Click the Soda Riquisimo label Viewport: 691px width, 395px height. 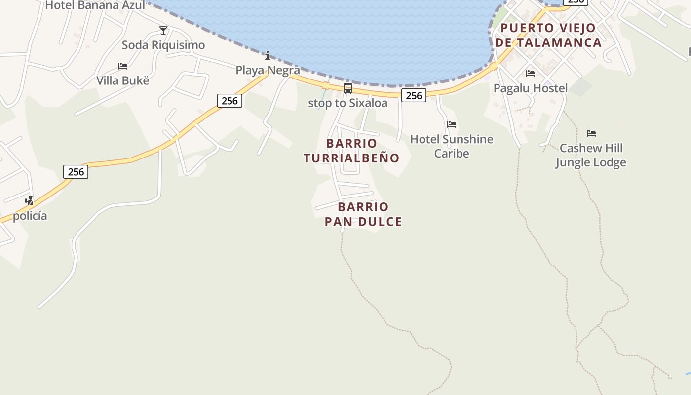(x=163, y=45)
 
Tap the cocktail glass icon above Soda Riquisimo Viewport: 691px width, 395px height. (x=163, y=31)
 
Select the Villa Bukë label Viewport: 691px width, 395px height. (x=122, y=80)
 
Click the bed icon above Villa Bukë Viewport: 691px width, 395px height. (x=123, y=66)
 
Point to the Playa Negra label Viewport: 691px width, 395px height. (x=268, y=70)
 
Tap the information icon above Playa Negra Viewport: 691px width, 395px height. (x=268, y=55)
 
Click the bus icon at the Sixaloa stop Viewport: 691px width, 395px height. (x=348, y=88)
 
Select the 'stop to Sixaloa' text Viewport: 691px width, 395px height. (x=347, y=103)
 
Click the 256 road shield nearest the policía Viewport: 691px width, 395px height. (x=76, y=172)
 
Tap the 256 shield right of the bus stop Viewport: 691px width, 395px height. (x=414, y=95)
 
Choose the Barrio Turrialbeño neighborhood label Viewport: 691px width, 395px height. (x=351, y=151)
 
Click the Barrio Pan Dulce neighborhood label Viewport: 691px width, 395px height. (x=363, y=214)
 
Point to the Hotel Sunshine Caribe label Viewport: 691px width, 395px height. (x=452, y=146)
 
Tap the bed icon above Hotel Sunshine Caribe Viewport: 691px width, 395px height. (x=452, y=124)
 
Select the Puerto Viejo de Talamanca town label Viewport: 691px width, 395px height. (x=548, y=35)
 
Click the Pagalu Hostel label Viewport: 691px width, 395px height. (x=531, y=88)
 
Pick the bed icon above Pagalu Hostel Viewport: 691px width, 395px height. (x=531, y=74)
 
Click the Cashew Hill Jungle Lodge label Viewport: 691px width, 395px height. (x=591, y=155)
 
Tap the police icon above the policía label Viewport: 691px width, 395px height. (x=30, y=201)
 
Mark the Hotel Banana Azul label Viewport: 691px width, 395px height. (x=95, y=5)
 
